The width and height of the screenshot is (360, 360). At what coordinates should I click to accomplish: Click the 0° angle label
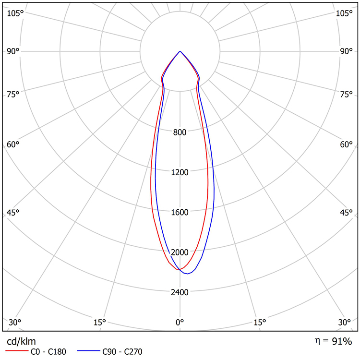coord(180,322)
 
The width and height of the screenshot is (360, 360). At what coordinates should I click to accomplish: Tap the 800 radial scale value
coord(180,132)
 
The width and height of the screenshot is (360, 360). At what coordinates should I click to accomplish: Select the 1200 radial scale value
coord(180,172)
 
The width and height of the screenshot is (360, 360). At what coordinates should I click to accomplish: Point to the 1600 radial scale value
coord(180,212)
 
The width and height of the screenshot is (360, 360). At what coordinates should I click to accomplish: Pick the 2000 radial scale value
coord(180,252)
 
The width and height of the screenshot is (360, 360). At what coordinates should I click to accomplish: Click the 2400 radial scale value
coord(180,292)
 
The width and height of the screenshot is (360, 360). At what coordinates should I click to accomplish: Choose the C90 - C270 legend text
coord(122,352)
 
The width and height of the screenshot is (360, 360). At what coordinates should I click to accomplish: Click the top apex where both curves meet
coord(180,51)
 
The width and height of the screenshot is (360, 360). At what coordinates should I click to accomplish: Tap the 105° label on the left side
coord(15,13)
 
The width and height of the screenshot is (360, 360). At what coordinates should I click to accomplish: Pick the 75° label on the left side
coord(12,94)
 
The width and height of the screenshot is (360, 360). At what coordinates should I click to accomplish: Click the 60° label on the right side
coord(347,144)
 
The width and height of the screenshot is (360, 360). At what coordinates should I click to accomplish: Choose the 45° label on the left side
coord(12,213)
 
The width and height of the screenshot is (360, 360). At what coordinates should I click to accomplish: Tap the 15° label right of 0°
coord(260,322)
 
